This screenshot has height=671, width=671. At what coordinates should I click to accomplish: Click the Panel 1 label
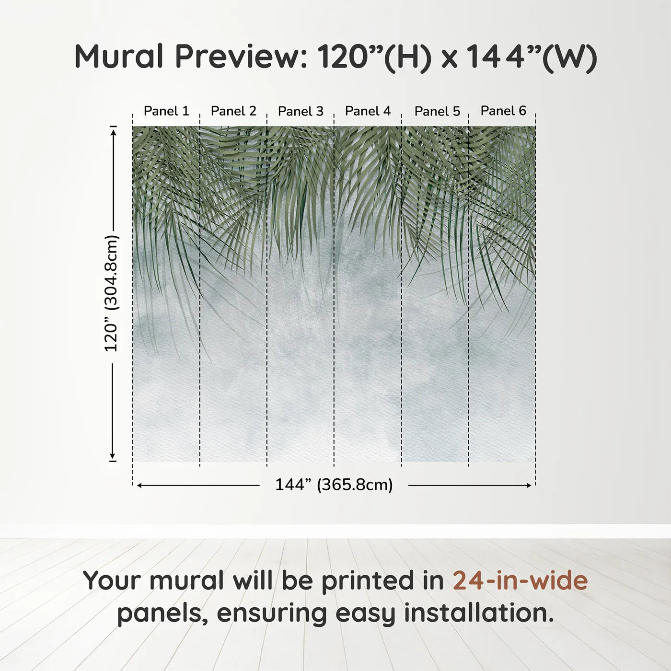[166, 111]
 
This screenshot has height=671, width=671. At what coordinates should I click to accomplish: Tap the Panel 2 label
[233, 111]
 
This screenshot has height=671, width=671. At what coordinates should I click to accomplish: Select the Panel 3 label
[301, 111]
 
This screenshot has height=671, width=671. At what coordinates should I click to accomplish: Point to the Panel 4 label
[368, 111]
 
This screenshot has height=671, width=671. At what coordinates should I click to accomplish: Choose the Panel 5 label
[437, 111]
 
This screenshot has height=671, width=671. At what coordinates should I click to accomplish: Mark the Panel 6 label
[503, 111]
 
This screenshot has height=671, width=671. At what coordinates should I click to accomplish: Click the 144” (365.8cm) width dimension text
[334, 485]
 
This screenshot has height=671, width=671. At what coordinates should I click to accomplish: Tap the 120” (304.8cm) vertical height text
[111, 293]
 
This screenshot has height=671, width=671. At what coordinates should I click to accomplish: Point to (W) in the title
[570, 57]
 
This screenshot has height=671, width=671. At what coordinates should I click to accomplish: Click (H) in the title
[407, 57]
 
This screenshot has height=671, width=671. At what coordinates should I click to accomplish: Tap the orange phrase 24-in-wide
[520, 580]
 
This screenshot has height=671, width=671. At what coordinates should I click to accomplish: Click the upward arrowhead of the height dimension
[113, 132]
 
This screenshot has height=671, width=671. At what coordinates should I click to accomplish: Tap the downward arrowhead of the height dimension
[113, 455]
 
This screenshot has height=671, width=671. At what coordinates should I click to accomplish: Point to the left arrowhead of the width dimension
[139, 486]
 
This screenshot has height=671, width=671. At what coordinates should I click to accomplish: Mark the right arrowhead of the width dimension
[529, 486]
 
